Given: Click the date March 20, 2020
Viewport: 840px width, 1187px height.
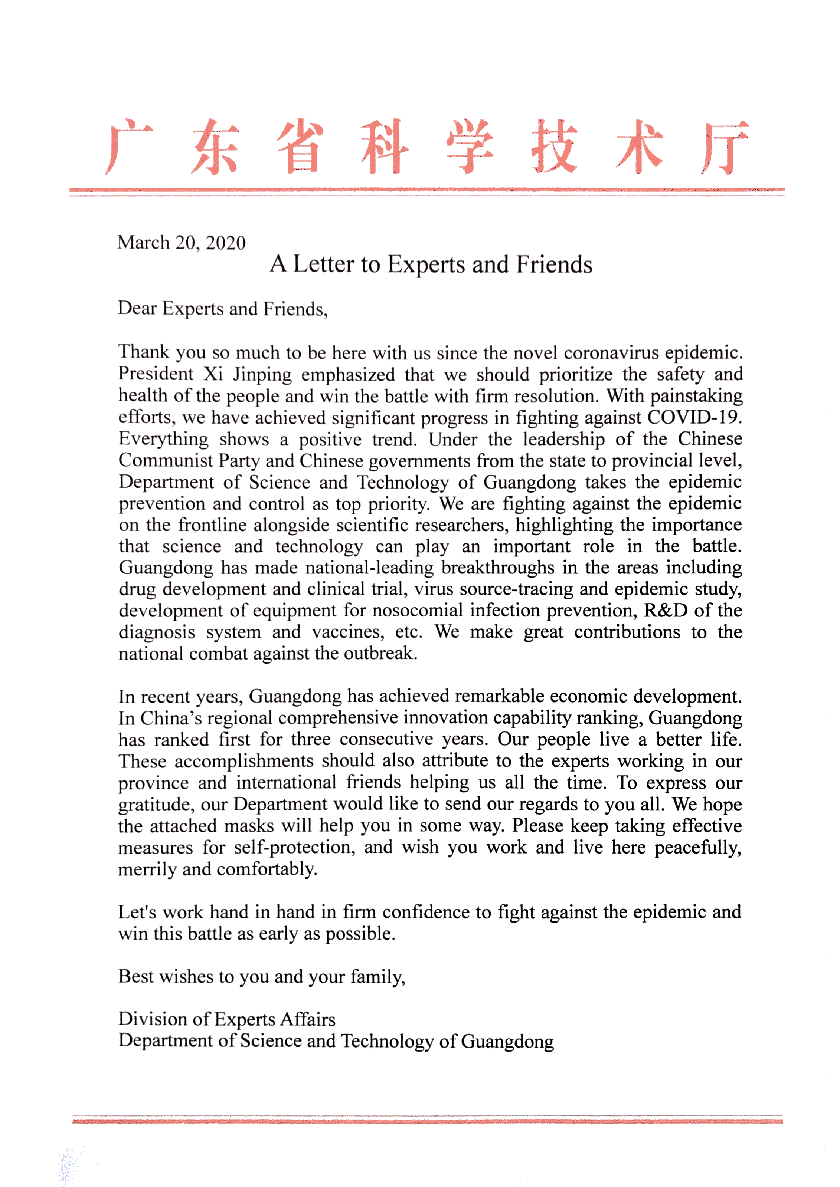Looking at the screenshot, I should [x=181, y=243].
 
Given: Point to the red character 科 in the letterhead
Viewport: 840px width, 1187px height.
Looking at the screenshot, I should [x=384, y=147].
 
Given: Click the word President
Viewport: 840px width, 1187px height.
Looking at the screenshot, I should [x=155, y=374].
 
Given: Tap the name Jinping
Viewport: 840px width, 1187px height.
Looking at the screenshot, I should [x=262, y=374].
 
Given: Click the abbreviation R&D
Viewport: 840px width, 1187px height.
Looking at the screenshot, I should [x=666, y=611].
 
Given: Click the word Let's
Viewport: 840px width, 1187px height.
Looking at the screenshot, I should [x=137, y=912].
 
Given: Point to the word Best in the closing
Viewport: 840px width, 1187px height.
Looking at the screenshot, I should [x=136, y=977].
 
